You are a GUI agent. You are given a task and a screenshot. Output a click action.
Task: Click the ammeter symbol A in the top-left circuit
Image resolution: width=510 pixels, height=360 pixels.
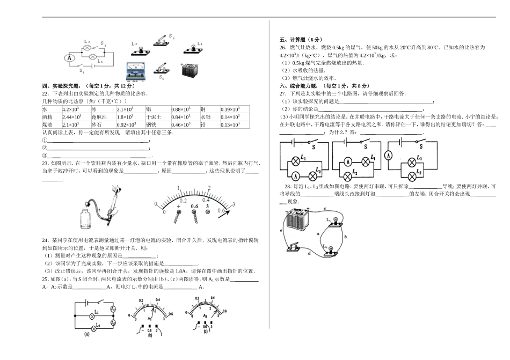click(69, 57)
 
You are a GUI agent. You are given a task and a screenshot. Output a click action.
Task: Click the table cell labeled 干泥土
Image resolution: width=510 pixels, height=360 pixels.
click(157, 117)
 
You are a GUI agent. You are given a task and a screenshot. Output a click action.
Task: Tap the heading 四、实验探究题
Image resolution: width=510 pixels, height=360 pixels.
click(63, 86)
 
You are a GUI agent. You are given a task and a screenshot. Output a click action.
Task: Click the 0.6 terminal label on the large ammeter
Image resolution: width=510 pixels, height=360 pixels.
click(194, 205)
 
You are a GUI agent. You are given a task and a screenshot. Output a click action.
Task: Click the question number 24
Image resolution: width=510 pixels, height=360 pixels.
click(45, 239)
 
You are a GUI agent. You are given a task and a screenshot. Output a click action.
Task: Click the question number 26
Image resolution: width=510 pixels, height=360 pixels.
click(283, 47)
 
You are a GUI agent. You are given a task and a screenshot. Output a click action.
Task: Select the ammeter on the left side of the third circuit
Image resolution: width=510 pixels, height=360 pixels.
click(390, 155)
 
